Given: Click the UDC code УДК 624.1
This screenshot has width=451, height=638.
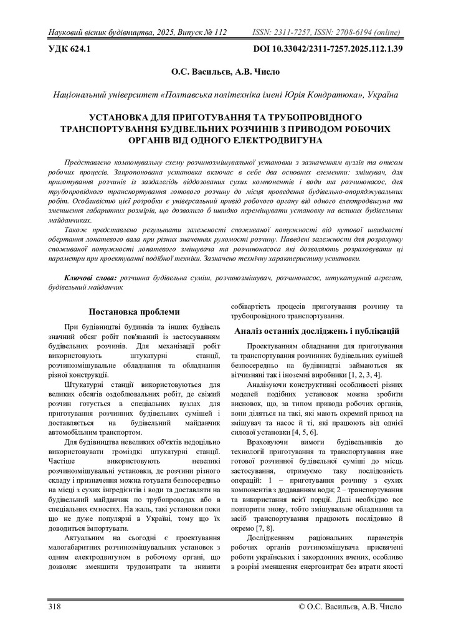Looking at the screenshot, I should coord(70,48).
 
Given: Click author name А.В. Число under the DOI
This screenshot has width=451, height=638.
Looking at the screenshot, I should coord(257,72).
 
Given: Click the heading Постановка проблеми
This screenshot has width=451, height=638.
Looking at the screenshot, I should coord(135,312).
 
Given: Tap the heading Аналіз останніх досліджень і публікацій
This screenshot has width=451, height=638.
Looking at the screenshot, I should coord(317,331).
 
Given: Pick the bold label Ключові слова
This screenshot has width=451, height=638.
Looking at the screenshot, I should coord(90,276).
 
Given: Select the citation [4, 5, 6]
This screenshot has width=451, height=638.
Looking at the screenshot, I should coord(304,432).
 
